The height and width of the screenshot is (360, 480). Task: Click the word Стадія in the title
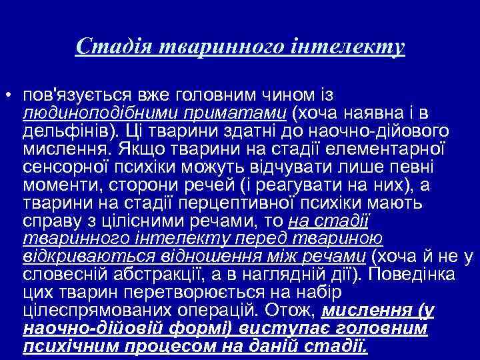coord(106,47)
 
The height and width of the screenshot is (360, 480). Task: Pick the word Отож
coord(290,310)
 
